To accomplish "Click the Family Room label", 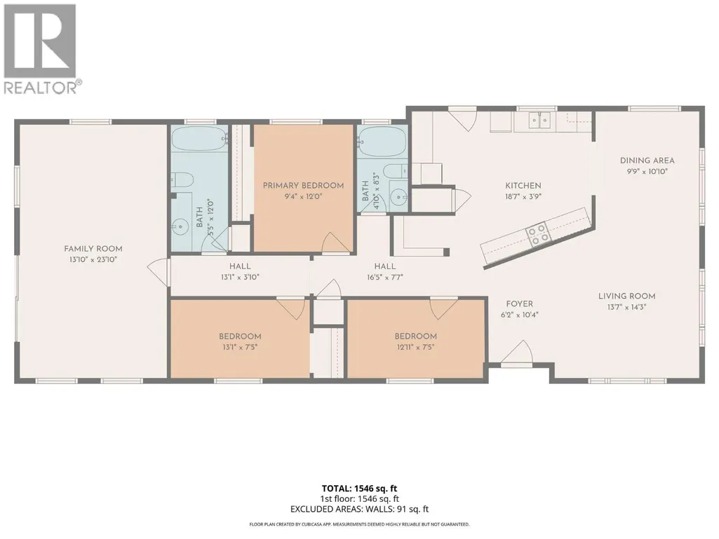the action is point(93,249).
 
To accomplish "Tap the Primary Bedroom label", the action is point(303,186).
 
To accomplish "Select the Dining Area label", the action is point(647,161).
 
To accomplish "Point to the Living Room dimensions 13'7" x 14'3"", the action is point(626,307).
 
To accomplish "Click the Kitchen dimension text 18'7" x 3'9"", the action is point(523,197).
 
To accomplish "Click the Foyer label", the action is point(520,304).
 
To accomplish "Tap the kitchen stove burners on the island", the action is point(537,233).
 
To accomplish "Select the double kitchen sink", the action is point(539,120).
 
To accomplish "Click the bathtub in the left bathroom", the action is point(200,138).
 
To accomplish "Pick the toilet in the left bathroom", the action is point(182,180).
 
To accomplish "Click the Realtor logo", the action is point(41,48).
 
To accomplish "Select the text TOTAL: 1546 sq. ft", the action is point(359,489).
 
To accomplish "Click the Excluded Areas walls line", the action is point(359,509).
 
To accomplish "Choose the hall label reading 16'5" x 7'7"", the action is point(384,278).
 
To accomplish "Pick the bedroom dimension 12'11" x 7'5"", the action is point(415,347).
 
